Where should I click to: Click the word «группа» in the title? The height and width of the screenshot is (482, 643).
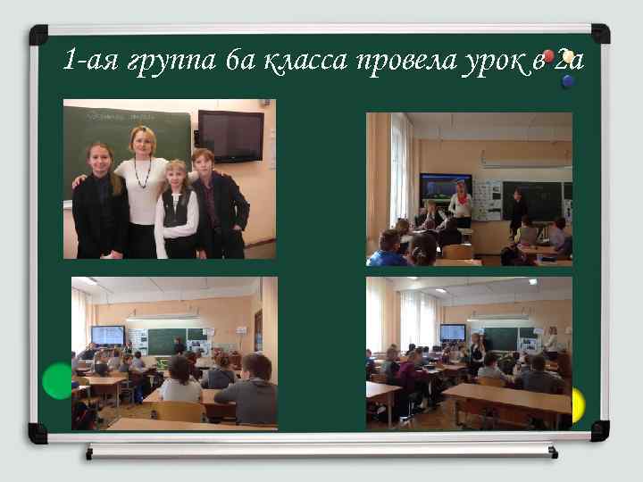tap(168, 62)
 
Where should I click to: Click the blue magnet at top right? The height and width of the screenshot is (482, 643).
tap(568, 82)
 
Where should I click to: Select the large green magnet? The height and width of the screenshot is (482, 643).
tap(57, 381)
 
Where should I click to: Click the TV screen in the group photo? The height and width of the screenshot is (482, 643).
tap(230, 136)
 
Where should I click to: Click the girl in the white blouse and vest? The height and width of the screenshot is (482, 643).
tap(175, 212)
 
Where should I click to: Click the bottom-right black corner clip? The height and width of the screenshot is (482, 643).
tap(600, 432)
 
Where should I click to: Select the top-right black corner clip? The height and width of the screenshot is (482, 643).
tap(600, 33)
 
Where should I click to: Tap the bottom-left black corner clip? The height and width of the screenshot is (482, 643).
tap(38, 433)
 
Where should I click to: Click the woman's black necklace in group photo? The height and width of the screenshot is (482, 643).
tap(142, 173)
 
